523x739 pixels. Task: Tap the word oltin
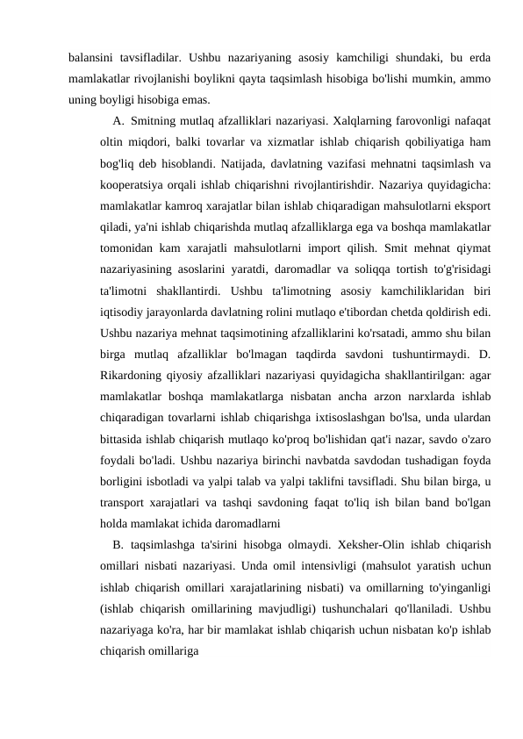111,140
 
